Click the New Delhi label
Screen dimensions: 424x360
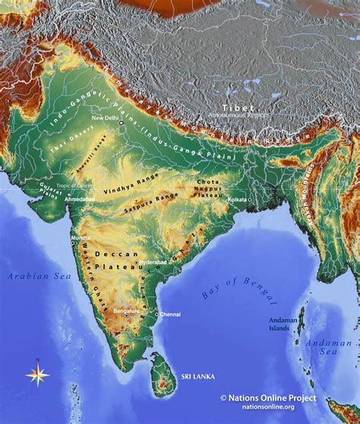pyautogui.click(x=106, y=119)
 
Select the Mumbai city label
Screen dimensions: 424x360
pyautogui.click(x=81, y=238)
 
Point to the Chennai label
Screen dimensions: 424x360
pyautogui.click(x=171, y=314)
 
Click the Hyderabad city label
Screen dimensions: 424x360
pyautogui.click(x=153, y=261)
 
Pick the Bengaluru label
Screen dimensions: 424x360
pyautogui.click(x=126, y=311)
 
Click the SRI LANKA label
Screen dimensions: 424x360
pyautogui.click(x=197, y=376)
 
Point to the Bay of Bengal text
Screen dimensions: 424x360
pyautogui.click(x=231, y=290)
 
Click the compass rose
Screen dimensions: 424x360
pyautogui.click(x=37, y=374)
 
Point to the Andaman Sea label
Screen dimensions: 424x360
pyautogui.click(x=329, y=347)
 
